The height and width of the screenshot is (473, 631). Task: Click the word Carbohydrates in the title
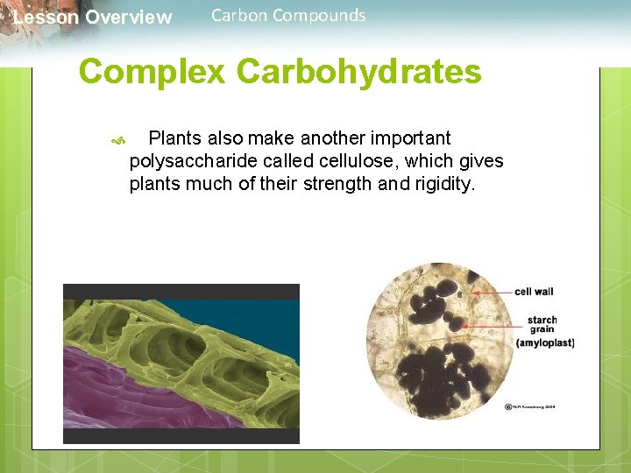tap(359, 72)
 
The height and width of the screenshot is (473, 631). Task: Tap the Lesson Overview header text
tap(93, 18)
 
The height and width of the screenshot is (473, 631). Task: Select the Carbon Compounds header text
tap(288, 15)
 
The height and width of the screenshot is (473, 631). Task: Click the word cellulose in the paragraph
tap(327, 161)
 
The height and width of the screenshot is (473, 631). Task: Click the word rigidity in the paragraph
tap(441, 184)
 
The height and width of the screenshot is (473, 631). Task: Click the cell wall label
tap(534, 292)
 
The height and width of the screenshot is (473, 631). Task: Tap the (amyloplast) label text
tap(545, 342)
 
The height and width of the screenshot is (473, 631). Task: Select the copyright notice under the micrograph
tap(530, 406)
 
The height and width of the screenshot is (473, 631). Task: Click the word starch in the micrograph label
tap(542, 320)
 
